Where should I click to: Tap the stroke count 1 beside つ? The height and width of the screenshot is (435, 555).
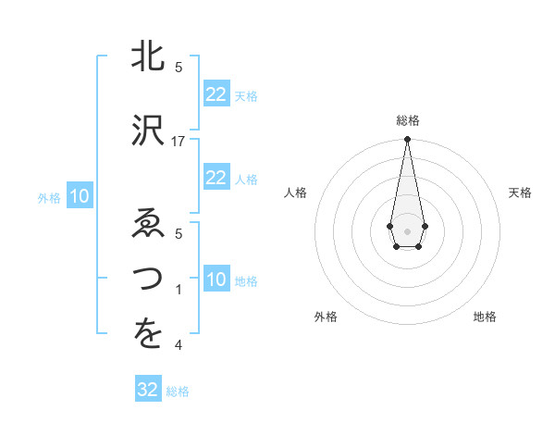[179, 290]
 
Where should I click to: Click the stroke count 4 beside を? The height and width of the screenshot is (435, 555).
[179, 345]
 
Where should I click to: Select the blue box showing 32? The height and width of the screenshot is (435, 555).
[148, 390]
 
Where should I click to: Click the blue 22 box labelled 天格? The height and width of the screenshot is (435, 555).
[216, 94]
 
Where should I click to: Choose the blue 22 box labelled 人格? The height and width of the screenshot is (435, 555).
[216, 178]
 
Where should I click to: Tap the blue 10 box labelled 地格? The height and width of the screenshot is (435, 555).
[216, 280]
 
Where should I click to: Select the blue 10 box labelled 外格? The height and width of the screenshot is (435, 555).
[79, 196]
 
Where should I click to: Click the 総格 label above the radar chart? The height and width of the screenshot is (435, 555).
[408, 120]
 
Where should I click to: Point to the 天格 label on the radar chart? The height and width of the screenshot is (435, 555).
[521, 193]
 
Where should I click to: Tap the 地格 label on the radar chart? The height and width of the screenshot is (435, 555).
[485, 317]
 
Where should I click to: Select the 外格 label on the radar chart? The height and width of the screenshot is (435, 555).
[326, 317]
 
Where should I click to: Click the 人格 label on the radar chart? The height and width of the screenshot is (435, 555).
[295, 193]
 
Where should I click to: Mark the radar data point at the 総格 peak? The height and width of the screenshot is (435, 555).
[407, 140]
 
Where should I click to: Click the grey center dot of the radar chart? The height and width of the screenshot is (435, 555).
[407, 230]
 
